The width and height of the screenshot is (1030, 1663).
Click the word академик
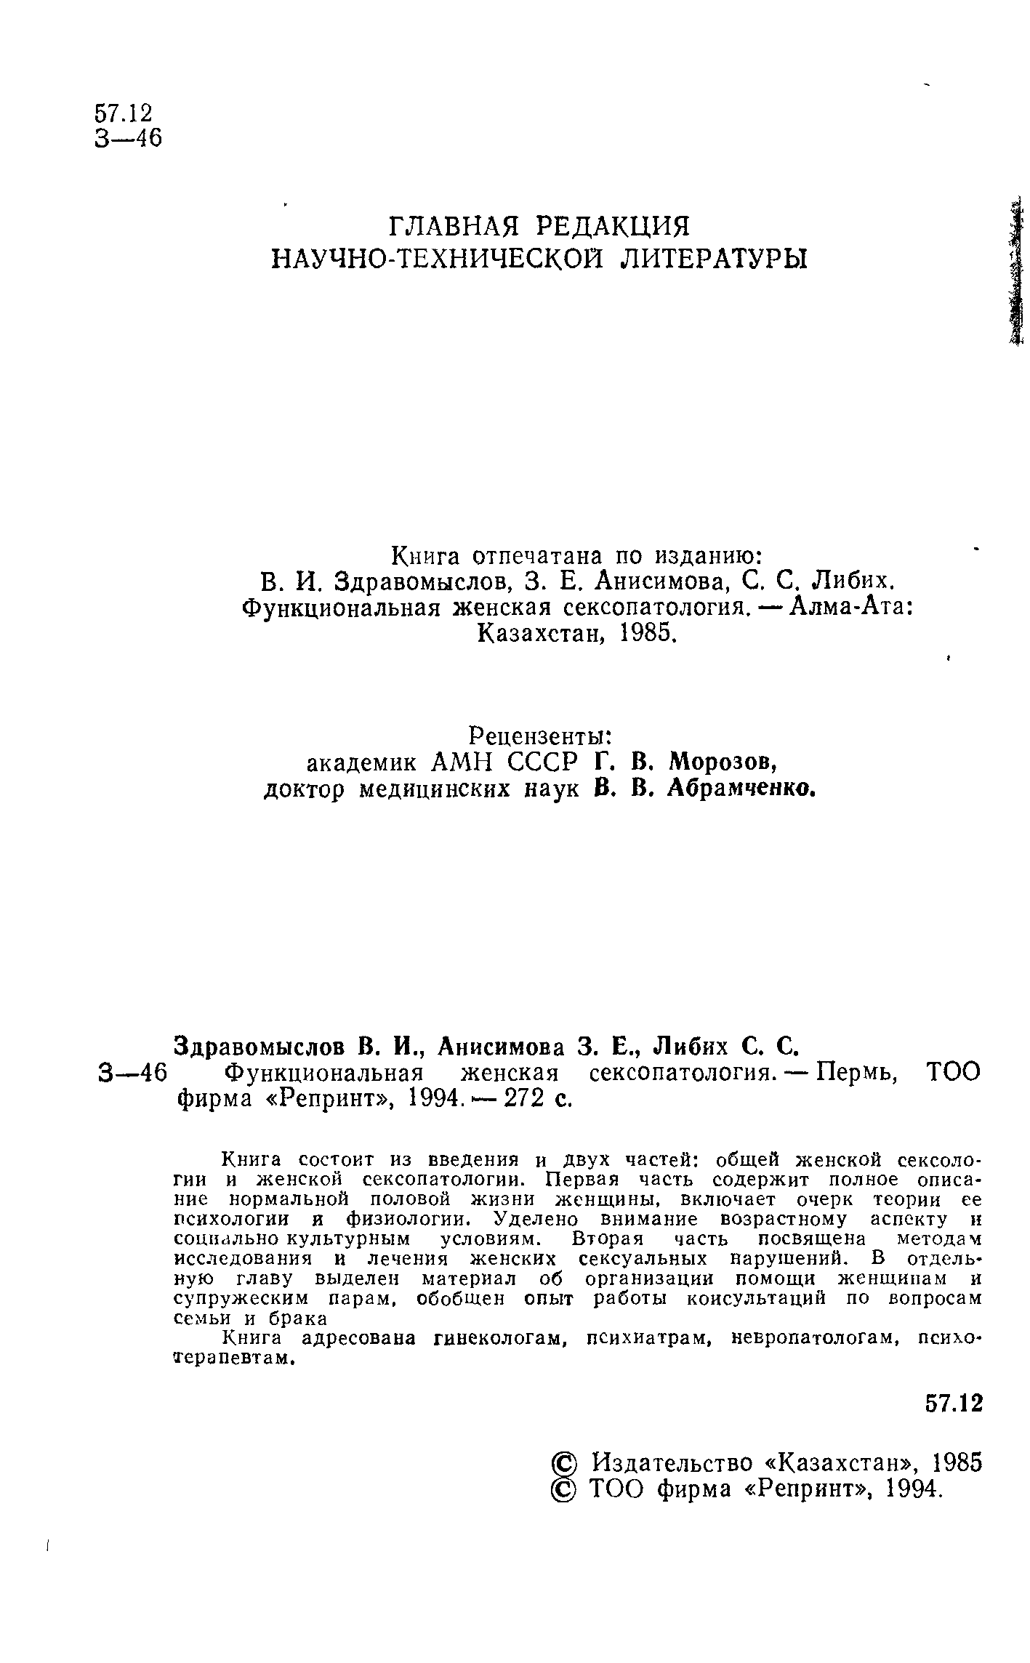point(362,762)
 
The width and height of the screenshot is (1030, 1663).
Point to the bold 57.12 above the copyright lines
point(954,1403)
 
